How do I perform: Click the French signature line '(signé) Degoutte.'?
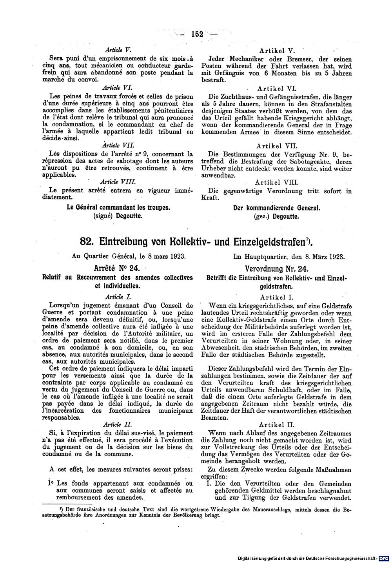(118, 216)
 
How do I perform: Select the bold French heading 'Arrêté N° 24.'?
(117, 269)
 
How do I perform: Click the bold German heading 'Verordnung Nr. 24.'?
(277, 269)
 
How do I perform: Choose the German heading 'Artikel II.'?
(277, 424)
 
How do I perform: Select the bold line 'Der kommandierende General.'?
(277, 208)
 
